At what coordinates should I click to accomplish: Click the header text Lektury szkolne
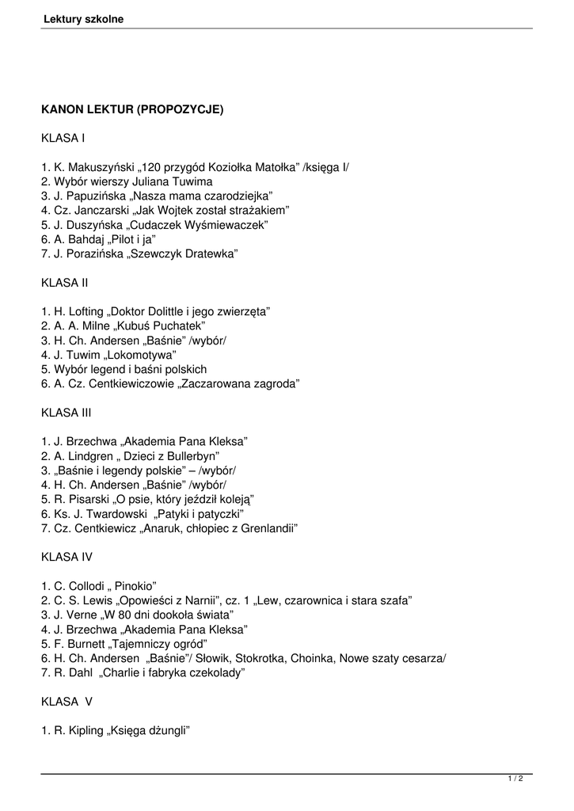click(83, 19)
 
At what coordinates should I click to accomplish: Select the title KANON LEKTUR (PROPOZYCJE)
click(132, 110)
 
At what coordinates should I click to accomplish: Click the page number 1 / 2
click(515, 779)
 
